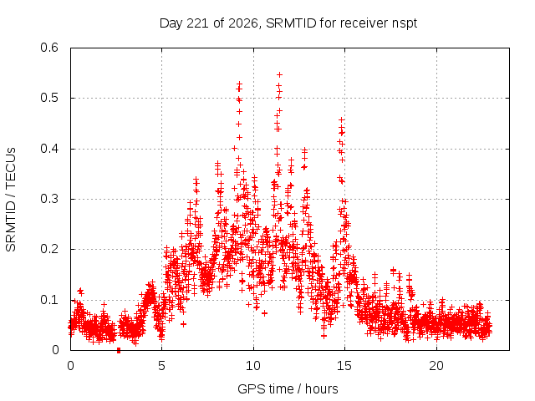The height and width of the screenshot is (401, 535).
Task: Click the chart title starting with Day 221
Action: [288, 23]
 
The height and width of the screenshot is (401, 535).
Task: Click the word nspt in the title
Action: [405, 24]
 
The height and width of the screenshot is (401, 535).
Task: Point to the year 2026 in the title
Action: [243, 23]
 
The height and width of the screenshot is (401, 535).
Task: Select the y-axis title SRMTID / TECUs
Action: [11, 200]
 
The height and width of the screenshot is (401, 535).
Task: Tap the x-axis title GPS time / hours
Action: [288, 388]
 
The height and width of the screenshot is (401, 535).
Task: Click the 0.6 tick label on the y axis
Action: [49, 48]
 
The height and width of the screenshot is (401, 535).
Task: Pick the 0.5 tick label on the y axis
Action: [49, 98]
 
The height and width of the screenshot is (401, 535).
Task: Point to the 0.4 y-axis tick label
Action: [49, 149]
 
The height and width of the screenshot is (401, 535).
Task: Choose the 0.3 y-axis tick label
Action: [49, 199]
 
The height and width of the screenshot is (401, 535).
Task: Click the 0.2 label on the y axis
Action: [49, 249]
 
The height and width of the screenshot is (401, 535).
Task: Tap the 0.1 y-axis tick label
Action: [49, 300]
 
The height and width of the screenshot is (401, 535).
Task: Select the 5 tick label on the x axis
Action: [161, 366]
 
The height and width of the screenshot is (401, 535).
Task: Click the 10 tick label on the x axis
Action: [253, 366]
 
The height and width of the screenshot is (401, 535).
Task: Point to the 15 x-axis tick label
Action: [344, 366]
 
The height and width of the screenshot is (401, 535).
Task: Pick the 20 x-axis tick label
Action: [436, 366]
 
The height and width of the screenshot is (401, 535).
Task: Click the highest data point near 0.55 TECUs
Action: [280, 74]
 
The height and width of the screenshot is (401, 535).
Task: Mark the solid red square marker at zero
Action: [119, 350]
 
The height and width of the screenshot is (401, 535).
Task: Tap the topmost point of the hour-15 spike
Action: [341, 119]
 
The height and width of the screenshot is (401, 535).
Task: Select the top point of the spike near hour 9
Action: [240, 84]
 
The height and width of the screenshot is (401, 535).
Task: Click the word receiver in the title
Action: [364, 23]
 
